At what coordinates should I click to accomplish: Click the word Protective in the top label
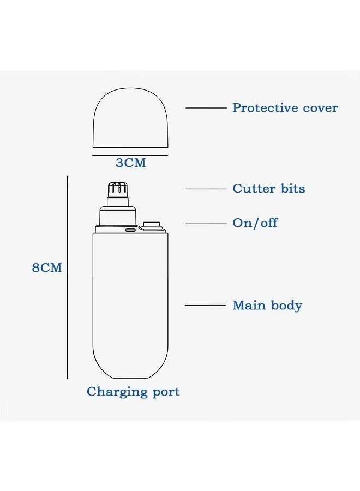click(265, 107)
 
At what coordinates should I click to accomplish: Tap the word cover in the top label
click(321, 109)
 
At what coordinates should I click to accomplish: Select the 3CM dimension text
click(131, 163)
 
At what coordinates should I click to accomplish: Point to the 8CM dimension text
click(47, 268)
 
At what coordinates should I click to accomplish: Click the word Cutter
click(254, 189)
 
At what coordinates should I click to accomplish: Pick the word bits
click(293, 189)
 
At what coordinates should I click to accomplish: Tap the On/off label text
click(255, 223)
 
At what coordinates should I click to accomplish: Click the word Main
click(249, 306)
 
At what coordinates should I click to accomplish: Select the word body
click(287, 306)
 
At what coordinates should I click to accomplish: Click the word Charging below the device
click(117, 392)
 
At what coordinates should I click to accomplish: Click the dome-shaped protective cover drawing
click(130, 118)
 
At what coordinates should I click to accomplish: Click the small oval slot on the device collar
click(131, 230)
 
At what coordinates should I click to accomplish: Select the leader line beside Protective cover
click(206, 108)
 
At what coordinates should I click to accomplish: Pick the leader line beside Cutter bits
click(206, 189)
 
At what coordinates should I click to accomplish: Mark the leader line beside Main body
click(205, 305)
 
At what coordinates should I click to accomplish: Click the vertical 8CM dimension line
click(67, 278)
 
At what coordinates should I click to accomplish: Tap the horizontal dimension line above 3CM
click(130, 155)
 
